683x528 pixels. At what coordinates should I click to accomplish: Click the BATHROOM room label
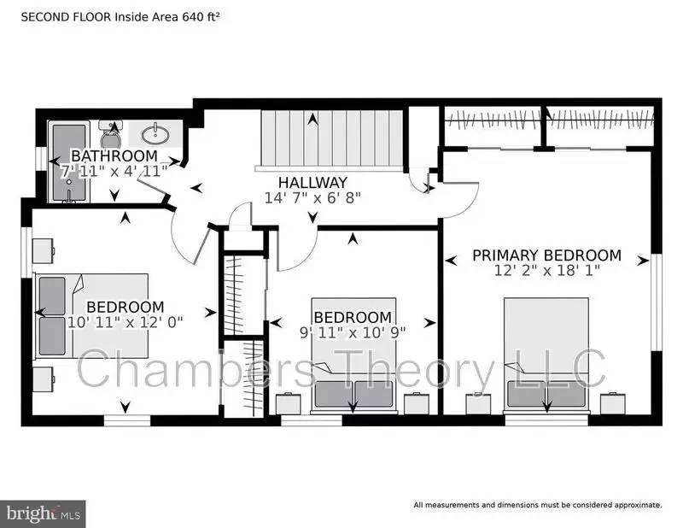(x=114, y=155)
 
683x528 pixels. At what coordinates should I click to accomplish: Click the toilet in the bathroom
(x=110, y=135)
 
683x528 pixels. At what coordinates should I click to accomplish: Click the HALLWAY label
(x=312, y=182)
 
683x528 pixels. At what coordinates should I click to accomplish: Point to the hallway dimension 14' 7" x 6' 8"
(x=312, y=197)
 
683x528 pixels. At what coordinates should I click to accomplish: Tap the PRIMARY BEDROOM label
(x=546, y=255)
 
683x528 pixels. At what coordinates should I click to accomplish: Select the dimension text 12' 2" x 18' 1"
(x=546, y=271)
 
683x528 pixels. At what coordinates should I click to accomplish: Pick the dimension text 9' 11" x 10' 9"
(x=352, y=331)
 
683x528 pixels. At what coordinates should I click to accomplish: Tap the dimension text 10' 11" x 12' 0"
(x=125, y=322)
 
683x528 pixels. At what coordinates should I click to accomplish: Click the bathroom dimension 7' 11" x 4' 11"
(x=114, y=171)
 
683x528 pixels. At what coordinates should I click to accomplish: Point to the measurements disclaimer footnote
(x=538, y=504)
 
